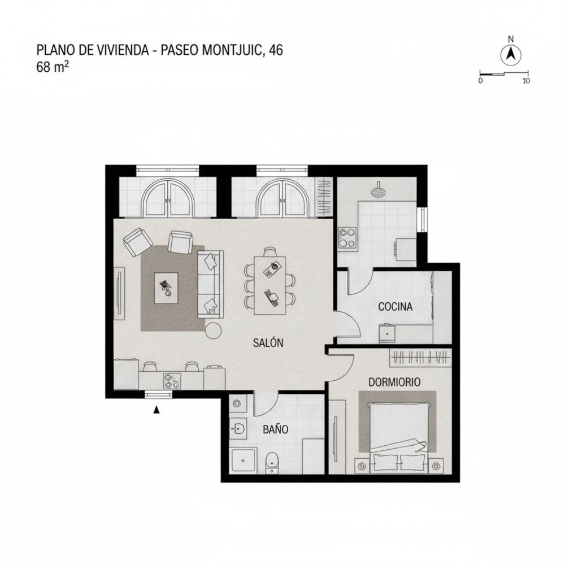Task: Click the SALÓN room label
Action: [268, 342]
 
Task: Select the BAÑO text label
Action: [276, 429]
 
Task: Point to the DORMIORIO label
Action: [394, 382]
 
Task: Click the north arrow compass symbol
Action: [511, 55]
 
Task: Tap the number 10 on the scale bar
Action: [525, 81]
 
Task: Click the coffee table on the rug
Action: [167, 288]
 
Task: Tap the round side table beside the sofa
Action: [214, 330]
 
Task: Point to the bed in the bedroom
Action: [398, 432]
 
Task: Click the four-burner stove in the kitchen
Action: [346, 238]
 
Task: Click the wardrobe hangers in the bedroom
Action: [421, 357]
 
